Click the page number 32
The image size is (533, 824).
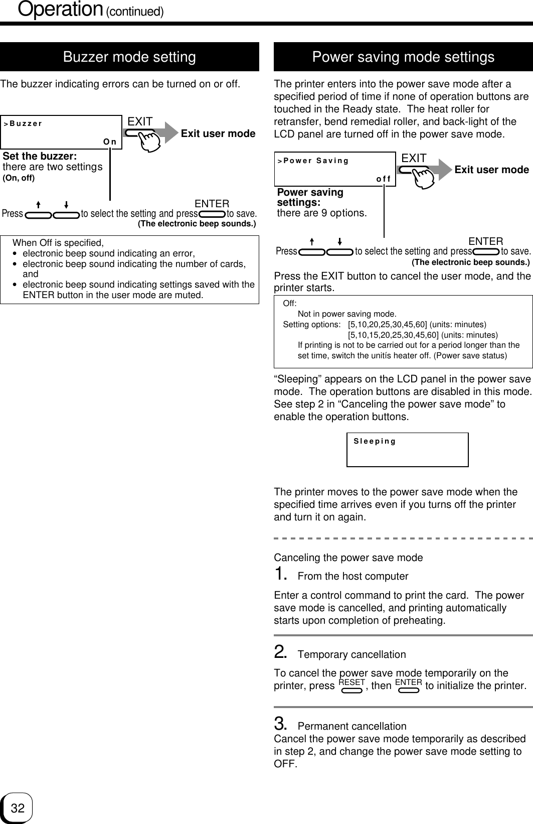pyautogui.click(x=18, y=808)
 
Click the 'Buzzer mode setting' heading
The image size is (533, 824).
pyautogui.click(x=129, y=57)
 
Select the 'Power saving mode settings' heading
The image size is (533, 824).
pyautogui.click(x=403, y=57)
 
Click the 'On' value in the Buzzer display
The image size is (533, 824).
pyautogui.click(x=110, y=142)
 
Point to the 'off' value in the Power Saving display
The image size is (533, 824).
pyautogui.click(x=384, y=179)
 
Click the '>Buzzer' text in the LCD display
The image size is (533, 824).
pyautogui.click(x=23, y=123)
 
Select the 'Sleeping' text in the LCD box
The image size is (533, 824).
pyautogui.click(x=375, y=442)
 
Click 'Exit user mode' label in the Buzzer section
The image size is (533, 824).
pyautogui.click(x=218, y=133)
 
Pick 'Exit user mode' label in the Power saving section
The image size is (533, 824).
pyautogui.click(x=491, y=170)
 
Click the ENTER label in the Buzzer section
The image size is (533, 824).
pyautogui.click(x=212, y=204)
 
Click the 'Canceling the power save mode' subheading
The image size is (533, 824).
pyautogui.click(x=348, y=558)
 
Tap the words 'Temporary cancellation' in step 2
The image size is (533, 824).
pyautogui.click(x=351, y=654)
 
